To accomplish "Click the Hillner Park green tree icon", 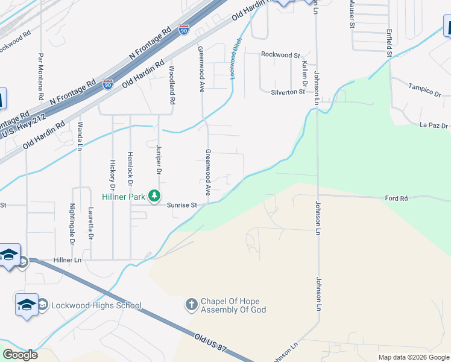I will click(155, 195).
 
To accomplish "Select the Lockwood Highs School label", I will click(96, 305).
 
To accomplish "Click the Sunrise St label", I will click(182, 205).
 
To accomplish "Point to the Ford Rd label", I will click(396, 198).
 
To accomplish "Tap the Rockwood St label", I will click(280, 55).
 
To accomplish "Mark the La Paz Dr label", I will click(434, 125).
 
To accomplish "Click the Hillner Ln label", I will click(67, 260).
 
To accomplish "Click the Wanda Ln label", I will click(80, 135).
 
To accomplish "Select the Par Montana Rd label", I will click(40, 77).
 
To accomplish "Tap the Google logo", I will click(20, 355).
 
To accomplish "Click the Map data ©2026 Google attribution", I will click(413, 357).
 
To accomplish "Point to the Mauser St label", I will click(350, 13).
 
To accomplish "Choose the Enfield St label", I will click(389, 43).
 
